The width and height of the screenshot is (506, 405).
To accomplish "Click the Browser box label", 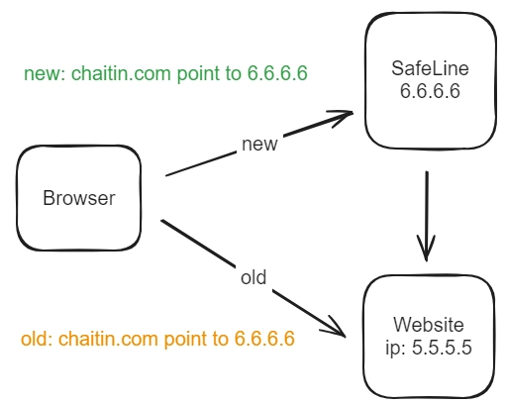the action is pos(79,198).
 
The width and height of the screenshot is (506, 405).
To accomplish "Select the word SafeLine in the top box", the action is pos(430,68).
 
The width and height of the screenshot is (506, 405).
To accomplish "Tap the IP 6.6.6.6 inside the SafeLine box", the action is pos(430,91).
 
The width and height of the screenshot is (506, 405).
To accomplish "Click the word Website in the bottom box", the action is pos(429,325).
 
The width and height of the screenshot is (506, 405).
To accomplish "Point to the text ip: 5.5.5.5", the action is pos(429,348).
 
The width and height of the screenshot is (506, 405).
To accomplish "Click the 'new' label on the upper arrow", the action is pos(259,145).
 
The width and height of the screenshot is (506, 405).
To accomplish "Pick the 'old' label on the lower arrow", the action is pos(253,277).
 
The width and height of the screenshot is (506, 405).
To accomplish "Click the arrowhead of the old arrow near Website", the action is pos(335,328).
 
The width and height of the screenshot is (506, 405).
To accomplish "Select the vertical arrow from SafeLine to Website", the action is pos(427,216).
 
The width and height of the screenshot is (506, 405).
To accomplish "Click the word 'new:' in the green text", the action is pos(46,73).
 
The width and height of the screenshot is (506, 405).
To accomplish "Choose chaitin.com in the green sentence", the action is pos(121,73).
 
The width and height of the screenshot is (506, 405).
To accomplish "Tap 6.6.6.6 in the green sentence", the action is pos(277,73).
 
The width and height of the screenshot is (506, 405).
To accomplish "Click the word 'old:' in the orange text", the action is pos(38,339).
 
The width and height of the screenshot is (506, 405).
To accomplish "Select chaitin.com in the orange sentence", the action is pos(108,339).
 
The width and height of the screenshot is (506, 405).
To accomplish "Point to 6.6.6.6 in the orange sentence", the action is pos(264,339).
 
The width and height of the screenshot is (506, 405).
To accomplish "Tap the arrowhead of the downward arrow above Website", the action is pos(426,249).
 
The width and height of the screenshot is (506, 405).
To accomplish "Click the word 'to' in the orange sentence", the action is pos(221,339).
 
